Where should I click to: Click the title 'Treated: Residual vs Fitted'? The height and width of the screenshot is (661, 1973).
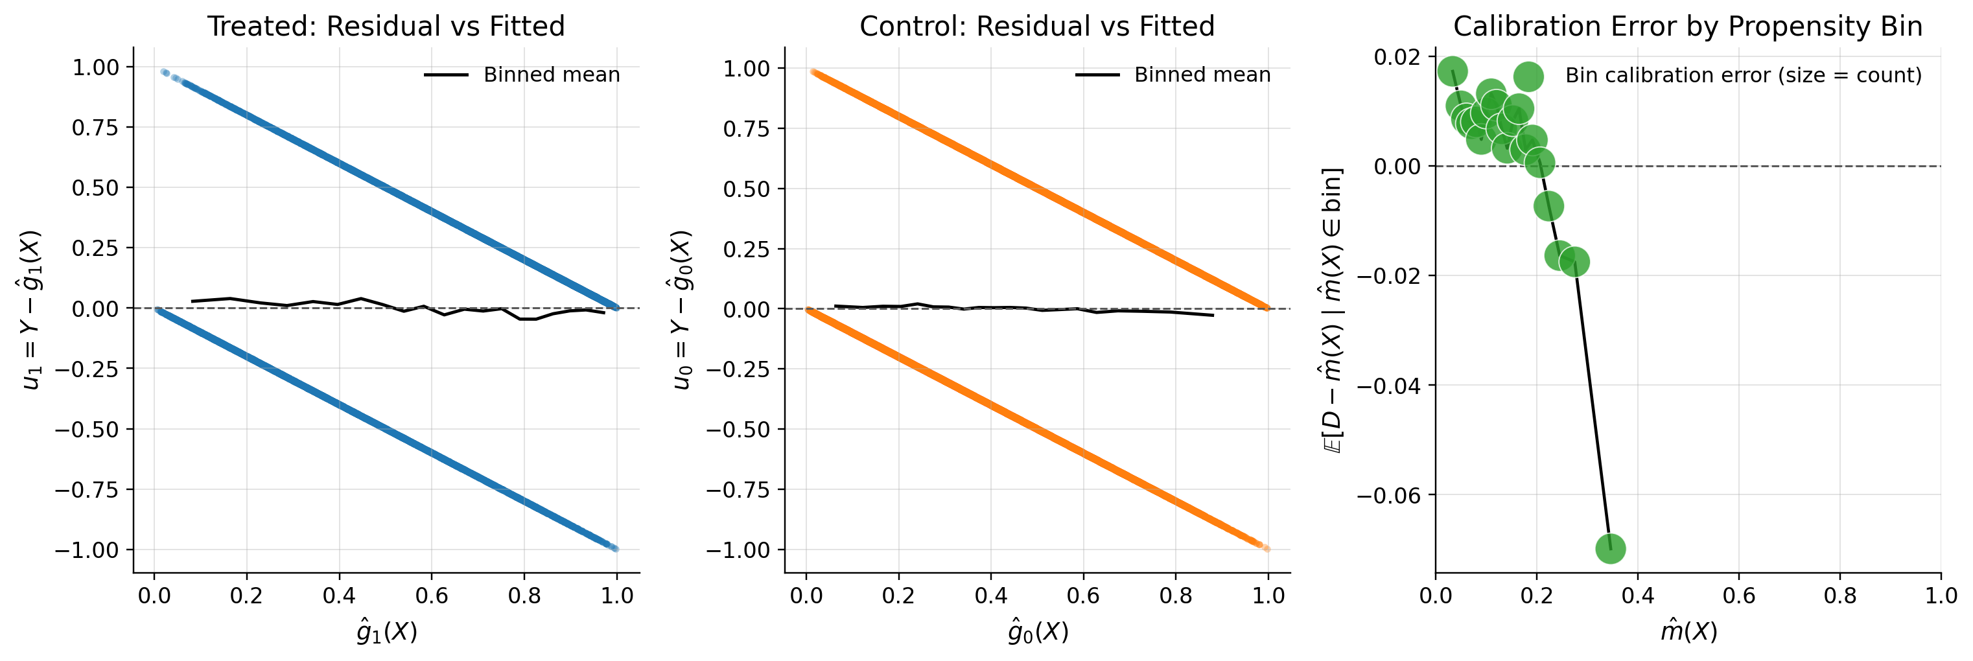point(386,26)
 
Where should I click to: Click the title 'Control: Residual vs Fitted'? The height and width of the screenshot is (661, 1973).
point(1037,26)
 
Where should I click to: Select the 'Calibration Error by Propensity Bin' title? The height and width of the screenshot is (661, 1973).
point(1688,26)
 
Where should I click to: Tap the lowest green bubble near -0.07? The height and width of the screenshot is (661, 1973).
point(1611,548)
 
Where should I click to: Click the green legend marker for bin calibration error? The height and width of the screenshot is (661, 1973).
point(1528,76)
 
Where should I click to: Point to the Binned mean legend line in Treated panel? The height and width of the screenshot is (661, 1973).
point(446,75)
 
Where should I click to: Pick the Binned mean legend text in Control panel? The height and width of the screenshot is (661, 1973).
point(1202,75)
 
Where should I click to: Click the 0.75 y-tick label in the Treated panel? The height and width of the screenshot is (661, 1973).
point(96,127)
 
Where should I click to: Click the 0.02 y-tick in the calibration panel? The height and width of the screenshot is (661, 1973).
point(1399,56)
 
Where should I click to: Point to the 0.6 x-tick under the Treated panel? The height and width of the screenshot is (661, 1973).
point(431,596)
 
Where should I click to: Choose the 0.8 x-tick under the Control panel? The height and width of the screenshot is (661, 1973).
point(1176,596)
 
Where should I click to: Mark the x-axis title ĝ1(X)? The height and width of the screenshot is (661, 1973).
point(387,632)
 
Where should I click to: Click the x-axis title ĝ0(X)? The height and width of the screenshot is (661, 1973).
point(1038,632)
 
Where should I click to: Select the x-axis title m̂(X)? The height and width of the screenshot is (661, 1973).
point(1689,632)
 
